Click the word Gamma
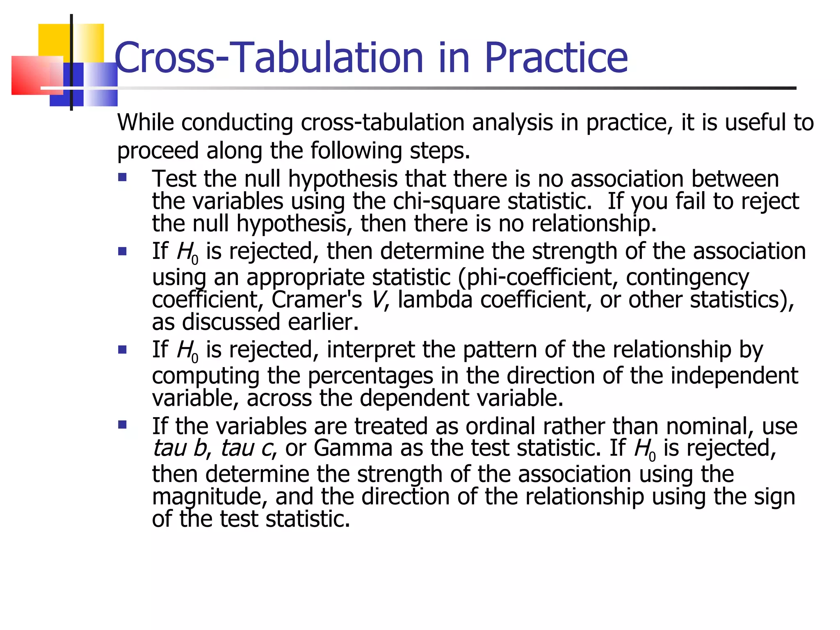point(353,448)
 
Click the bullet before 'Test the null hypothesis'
point(122,178)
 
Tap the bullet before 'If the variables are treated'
point(122,424)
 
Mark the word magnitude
point(209,497)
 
